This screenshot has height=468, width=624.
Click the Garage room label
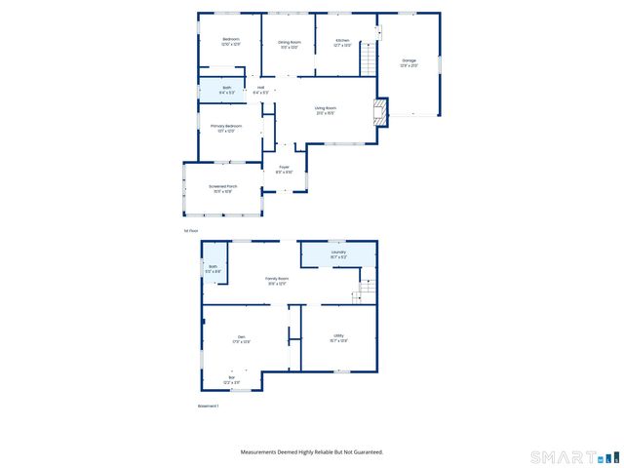pos(409,60)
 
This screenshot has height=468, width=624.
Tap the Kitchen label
pos(342,40)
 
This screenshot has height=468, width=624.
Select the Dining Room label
pos(290,42)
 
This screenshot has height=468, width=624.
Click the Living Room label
pos(326,108)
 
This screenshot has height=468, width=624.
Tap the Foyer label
pos(285,167)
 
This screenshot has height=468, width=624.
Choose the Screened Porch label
pos(221,186)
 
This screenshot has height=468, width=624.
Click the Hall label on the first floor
pos(261,89)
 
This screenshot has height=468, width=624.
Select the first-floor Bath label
pos(227,88)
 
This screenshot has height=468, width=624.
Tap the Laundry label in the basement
pos(338,252)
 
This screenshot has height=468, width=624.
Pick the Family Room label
pos(278,279)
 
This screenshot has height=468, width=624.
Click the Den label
pos(241,336)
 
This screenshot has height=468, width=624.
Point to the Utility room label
pos(338,336)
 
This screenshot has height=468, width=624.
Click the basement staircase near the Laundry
pos(367,290)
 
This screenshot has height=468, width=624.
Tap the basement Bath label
pos(214,266)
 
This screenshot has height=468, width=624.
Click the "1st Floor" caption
pos(191,230)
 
